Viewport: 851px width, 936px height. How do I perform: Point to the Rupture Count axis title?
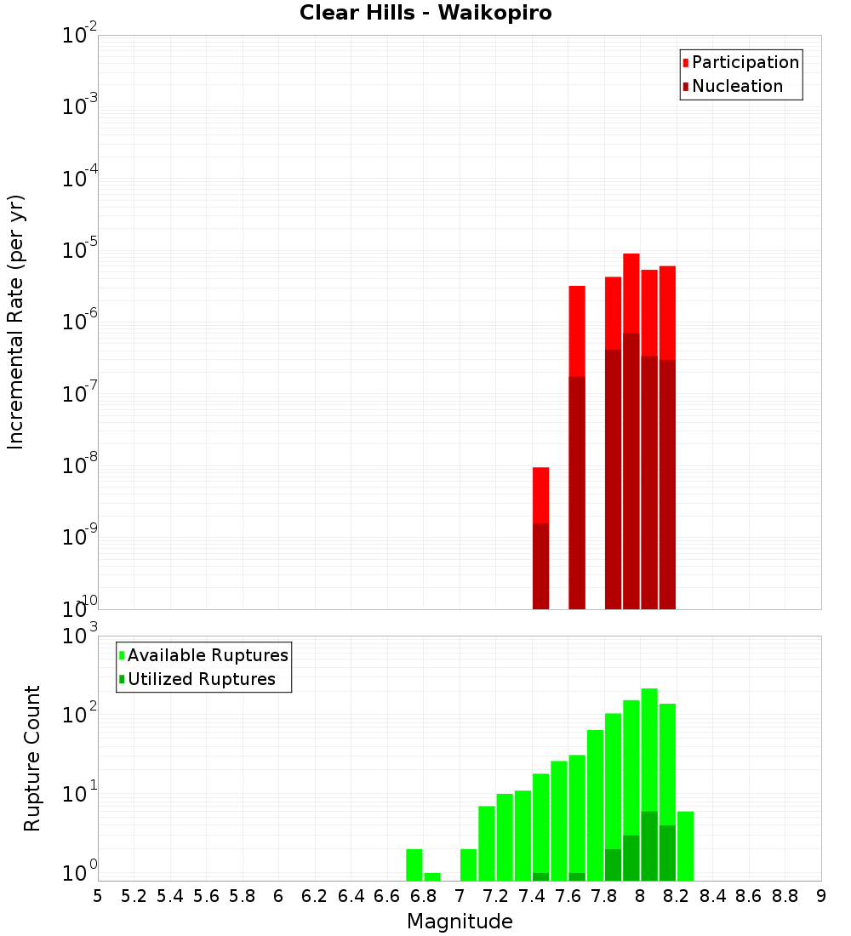coord(32,757)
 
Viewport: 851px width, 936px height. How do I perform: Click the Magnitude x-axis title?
coord(460,922)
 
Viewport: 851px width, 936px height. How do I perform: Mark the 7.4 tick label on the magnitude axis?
coord(532,896)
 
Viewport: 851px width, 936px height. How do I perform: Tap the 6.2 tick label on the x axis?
coord(315,896)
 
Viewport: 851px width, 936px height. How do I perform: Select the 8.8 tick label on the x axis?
coord(785,896)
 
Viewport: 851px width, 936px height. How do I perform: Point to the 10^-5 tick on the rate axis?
coord(77,250)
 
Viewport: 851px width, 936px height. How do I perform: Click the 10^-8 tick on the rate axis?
coord(77,465)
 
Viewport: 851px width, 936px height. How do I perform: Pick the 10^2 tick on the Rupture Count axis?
coord(77,714)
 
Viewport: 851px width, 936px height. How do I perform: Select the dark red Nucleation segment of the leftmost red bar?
coord(540,566)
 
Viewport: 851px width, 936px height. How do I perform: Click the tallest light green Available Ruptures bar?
coord(649,749)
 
